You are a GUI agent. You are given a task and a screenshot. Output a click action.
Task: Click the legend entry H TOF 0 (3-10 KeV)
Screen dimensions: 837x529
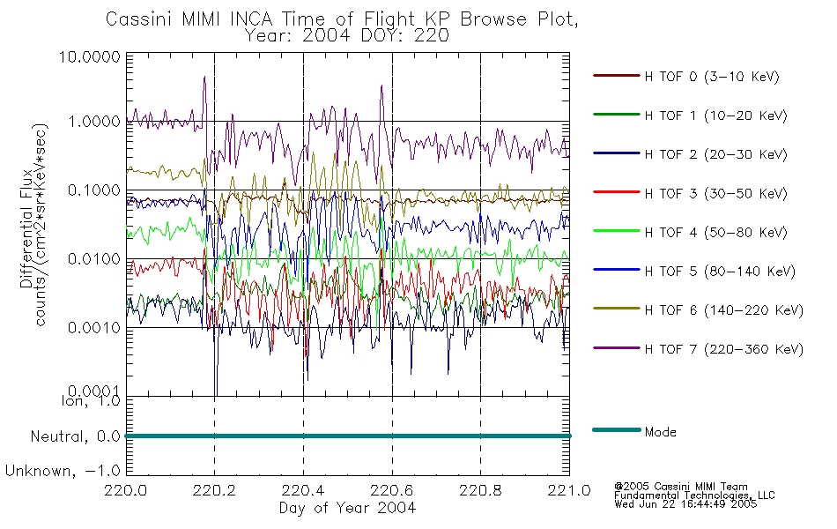point(712,77)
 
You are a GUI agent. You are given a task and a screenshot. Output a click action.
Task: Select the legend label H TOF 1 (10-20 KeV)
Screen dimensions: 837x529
point(715,115)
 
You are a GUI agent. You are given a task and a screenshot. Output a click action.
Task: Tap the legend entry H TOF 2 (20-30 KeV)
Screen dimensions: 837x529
point(715,154)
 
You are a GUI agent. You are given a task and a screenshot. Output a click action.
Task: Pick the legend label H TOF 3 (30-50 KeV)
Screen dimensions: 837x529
point(715,193)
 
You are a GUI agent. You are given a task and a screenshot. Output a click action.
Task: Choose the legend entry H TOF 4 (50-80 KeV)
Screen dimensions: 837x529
point(715,233)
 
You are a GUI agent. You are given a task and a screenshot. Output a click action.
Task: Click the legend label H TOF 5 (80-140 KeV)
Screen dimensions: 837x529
point(720,272)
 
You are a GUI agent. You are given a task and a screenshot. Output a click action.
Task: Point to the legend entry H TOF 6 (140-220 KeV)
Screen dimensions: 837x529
point(724,310)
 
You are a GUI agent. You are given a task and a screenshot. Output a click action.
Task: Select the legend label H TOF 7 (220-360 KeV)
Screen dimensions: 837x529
point(724,349)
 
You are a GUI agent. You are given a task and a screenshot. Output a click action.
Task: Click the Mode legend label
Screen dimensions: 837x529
point(660,432)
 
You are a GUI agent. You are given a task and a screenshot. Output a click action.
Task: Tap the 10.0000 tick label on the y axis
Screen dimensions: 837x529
point(90,56)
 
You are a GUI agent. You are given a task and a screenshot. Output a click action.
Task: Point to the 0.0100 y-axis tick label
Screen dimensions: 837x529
point(94,259)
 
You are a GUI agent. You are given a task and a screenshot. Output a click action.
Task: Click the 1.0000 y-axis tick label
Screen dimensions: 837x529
point(94,122)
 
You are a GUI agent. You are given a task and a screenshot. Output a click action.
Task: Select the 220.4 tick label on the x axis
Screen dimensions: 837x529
point(303,490)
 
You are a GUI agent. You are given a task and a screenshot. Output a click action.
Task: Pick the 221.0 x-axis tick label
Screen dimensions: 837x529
point(569,490)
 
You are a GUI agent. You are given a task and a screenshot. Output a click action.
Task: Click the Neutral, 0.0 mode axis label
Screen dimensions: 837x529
point(76,436)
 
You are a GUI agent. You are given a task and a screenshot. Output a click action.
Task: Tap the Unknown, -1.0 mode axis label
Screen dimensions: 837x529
point(63,471)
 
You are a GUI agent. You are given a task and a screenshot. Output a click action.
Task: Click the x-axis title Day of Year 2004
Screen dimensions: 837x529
point(347,508)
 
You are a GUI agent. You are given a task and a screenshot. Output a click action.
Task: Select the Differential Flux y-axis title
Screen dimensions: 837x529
point(26,228)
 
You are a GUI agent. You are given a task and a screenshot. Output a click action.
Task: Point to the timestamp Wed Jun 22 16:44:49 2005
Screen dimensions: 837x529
point(685,504)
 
